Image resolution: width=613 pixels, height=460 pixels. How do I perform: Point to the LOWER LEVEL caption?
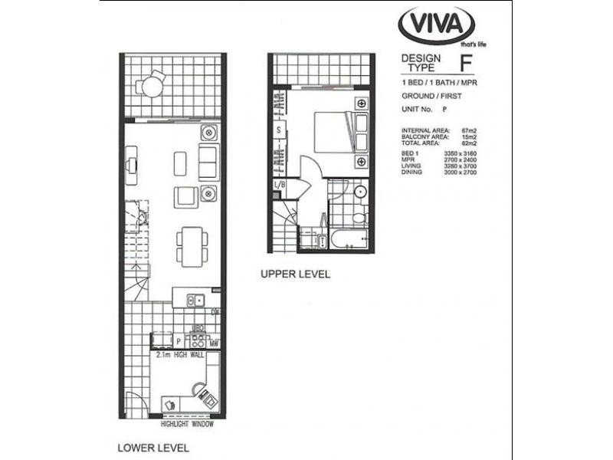(152, 446)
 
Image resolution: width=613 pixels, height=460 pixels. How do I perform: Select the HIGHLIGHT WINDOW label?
(187, 424)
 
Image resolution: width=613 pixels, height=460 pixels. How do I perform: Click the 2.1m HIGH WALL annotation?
(182, 355)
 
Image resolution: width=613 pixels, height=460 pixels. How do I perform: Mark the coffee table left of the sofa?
(180, 163)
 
